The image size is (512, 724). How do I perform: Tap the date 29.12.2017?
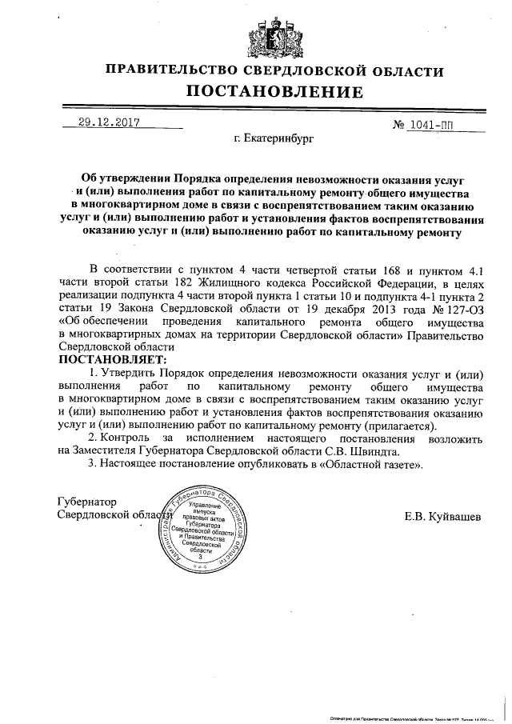point(109,123)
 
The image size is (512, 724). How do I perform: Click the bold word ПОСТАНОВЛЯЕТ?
point(113,361)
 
